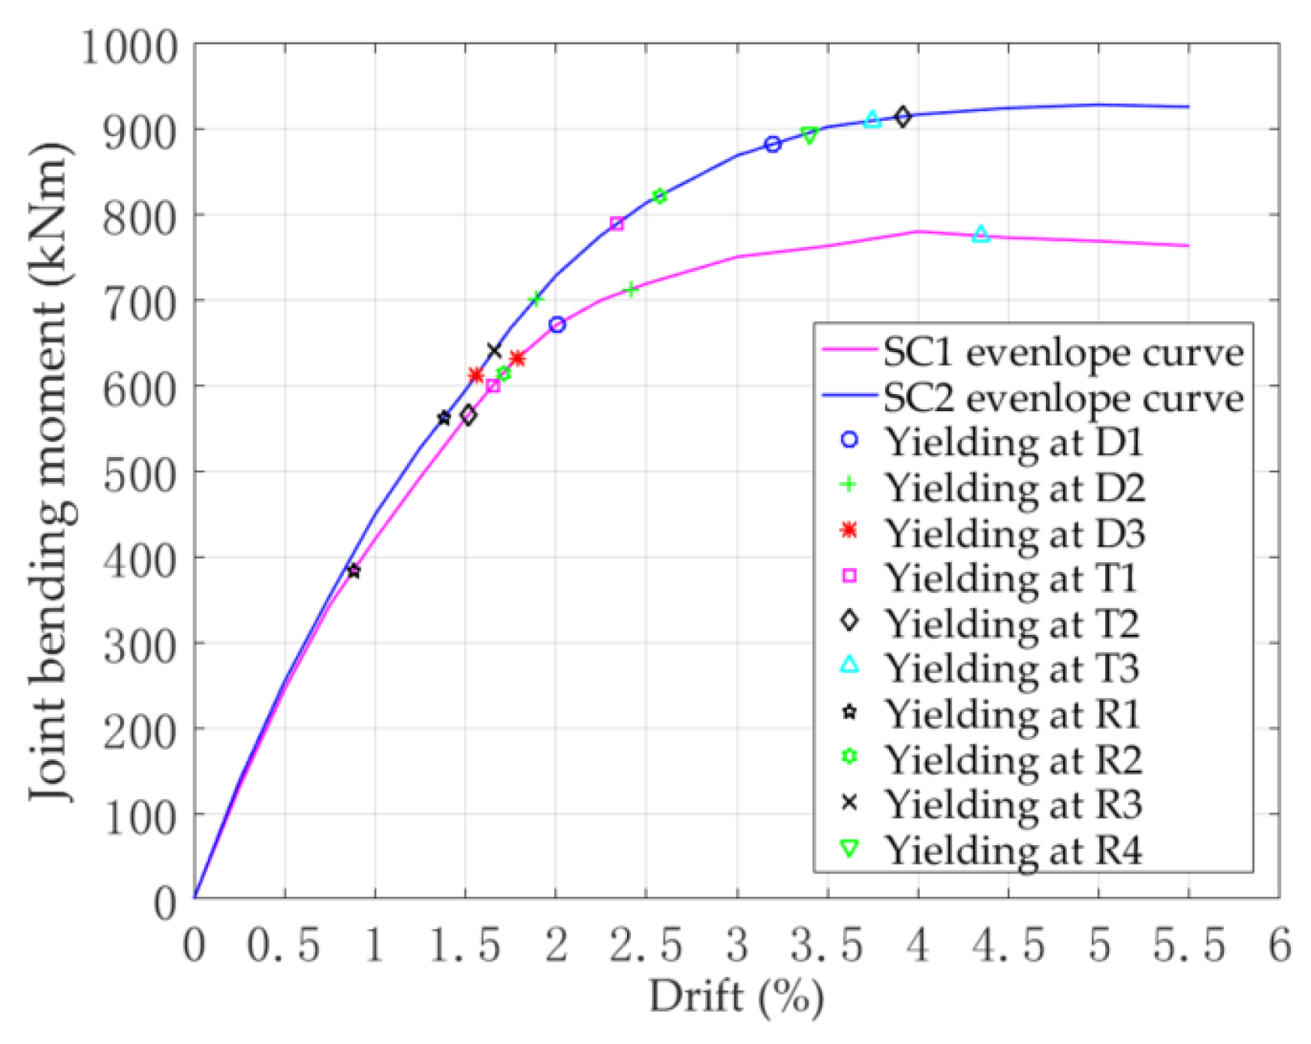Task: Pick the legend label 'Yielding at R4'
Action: pyautogui.click(x=1014, y=850)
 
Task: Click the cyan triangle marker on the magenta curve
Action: pyautogui.click(x=981, y=234)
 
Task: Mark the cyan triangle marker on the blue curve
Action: pyautogui.click(x=872, y=119)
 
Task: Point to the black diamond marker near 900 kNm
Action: pyautogui.click(x=903, y=116)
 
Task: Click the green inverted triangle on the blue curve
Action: pyautogui.click(x=809, y=135)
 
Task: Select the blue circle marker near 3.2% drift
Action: pyautogui.click(x=773, y=144)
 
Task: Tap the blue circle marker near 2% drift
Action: pyautogui.click(x=556, y=325)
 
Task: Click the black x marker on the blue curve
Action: pyautogui.click(x=493, y=351)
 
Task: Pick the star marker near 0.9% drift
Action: pyautogui.click(x=354, y=571)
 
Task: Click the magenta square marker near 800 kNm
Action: pyautogui.click(x=616, y=224)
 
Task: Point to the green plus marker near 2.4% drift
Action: pyautogui.click(x=631, y=290)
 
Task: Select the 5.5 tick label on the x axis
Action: pyautogui.click(x=1189, y=945)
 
